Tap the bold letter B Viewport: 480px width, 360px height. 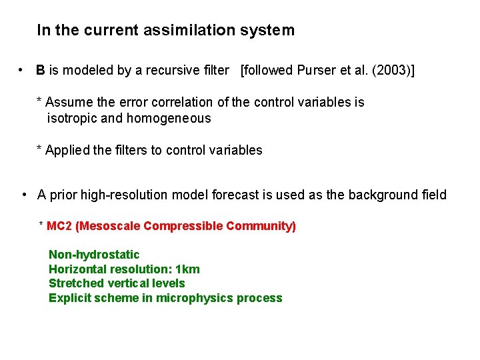coord(41,70)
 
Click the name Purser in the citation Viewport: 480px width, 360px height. coord(309,70)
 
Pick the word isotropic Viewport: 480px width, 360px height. coord(75,119)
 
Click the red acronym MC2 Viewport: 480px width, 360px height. coord(59,226)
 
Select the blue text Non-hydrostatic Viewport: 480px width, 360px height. coord(94,255)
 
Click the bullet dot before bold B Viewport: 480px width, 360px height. coord(22,70)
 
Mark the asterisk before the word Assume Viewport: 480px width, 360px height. coord(39,101)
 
